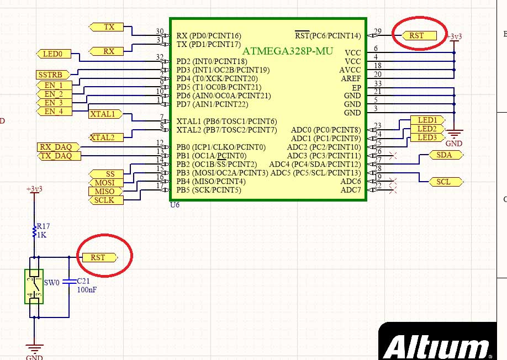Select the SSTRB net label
click(x=52, y=75)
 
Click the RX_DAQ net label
click(x=58, y=147)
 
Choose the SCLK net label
click(x=104, y=200)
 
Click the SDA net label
click(x=443, y=155)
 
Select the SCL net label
click(x=443, y=182)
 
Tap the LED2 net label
click(x=427, y=129)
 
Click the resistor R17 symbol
click(x=34, y=230)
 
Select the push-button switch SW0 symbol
click(x=34, y=286)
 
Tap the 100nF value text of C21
click(x=87, y=289)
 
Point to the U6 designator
click(x=175, y=205)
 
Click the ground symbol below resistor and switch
click(x=34, y=349)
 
